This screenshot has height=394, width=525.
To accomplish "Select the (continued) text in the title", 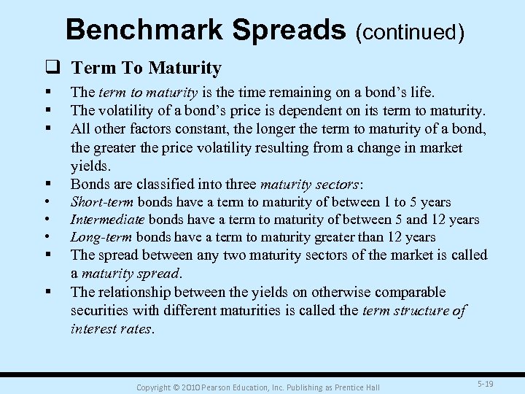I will pos(410,31).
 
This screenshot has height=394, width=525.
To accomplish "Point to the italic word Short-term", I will pos(102,202).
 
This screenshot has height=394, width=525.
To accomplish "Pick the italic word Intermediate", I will pos(107,220).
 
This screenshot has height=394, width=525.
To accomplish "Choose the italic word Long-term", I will pos(101,237).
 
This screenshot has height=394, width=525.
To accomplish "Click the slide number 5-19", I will pos(484,382).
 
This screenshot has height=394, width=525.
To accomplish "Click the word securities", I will pos(102,311).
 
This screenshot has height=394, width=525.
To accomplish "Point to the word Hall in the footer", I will pos(372,386).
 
